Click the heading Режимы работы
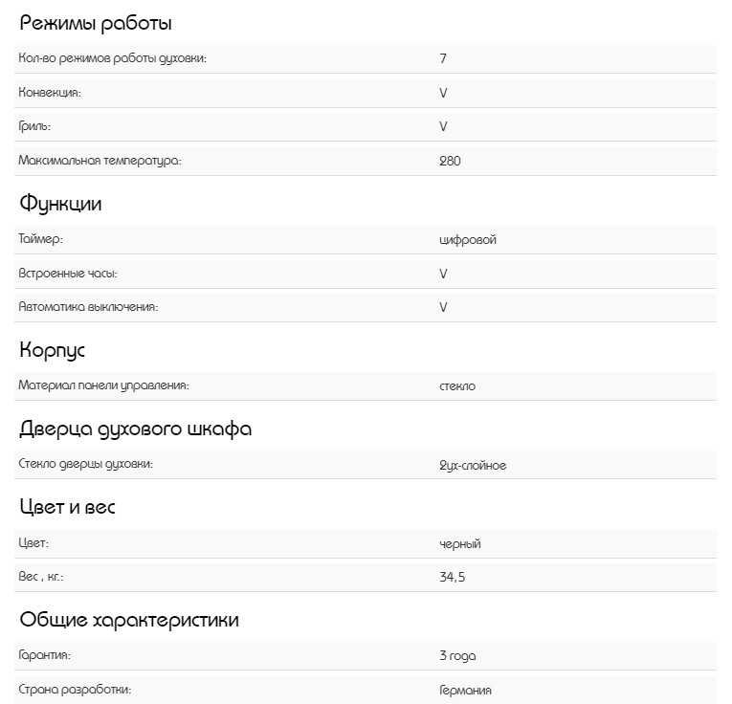pos(96,24)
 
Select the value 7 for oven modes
pos(443,58)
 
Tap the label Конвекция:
pos(50,93)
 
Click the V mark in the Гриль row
pos(443,126)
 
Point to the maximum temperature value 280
pos(450,161)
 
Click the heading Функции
pos(60,204)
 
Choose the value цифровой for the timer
pos(468,239)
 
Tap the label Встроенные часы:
pos(68,274)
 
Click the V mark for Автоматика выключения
pos(443,307)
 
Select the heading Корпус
pos(53,350)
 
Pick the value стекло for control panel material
pos(457,386)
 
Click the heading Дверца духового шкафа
pos(136,429)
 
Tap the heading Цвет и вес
pos(67,507)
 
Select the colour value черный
pos(460,543)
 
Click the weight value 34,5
pos(453,578)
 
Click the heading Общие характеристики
pos(129,620)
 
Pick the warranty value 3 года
pos(457,655)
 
